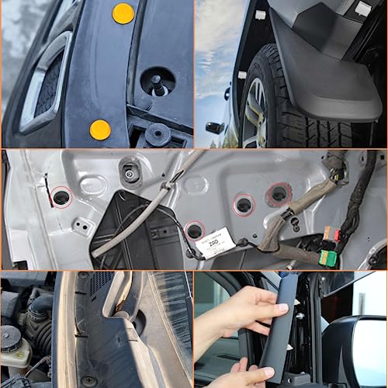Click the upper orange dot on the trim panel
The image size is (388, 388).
tap(123, 12)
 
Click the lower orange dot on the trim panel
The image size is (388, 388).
tap(100, 130)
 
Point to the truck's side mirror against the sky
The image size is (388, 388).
tap(215, 127)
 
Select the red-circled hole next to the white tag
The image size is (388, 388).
tap(195, 230)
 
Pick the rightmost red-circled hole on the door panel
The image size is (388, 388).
tap(278, 193)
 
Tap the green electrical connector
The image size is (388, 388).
tap(328, 257)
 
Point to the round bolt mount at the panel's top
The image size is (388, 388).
tap(130, 173)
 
